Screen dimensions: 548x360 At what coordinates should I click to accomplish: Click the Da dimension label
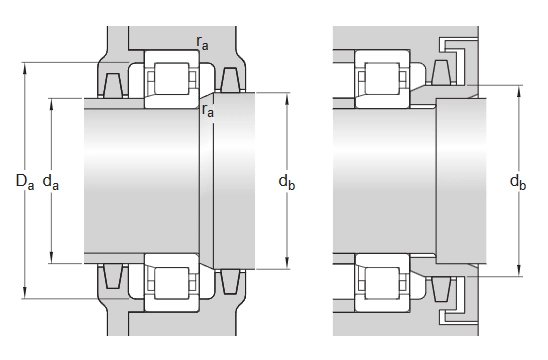[25, 181]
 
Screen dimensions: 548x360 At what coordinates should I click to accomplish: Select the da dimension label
[51, 182]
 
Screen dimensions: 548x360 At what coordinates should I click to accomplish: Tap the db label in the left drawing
[287, 182]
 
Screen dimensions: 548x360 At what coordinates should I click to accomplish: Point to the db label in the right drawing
[518, 182]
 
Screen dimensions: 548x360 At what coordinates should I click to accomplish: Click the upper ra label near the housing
[202, 43]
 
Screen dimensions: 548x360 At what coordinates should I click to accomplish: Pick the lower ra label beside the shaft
[208, 110]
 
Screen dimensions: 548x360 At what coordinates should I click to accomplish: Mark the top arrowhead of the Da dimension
[24, 69]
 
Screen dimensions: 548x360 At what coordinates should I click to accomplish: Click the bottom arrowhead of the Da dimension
[24, 293]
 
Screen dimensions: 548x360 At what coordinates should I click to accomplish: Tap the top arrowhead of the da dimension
[51, 105]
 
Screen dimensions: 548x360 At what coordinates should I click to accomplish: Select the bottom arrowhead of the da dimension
[51, 257]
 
